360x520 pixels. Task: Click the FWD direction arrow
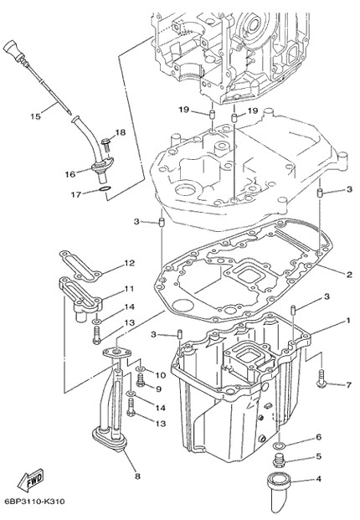tap(30, 480)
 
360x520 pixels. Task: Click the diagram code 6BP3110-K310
tap(35, 501)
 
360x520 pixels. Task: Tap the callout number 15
tap(35, 116)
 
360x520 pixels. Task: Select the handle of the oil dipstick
tap(14, 51)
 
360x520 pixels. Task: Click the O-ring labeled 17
tap(104, 190)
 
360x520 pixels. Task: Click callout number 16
tap(70, 174)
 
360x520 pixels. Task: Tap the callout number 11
tap(129, 289)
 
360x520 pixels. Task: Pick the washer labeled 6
tap(280, 445)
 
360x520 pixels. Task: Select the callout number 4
tap(319, 479)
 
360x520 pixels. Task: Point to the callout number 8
tap(137, 476)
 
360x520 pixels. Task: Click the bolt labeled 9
tap(141, 379)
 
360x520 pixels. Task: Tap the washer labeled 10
tap(140, 369)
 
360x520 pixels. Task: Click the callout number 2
tap(349, 275)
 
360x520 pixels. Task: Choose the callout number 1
tap(348, 321)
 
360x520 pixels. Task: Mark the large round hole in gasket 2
tap(183, 304)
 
